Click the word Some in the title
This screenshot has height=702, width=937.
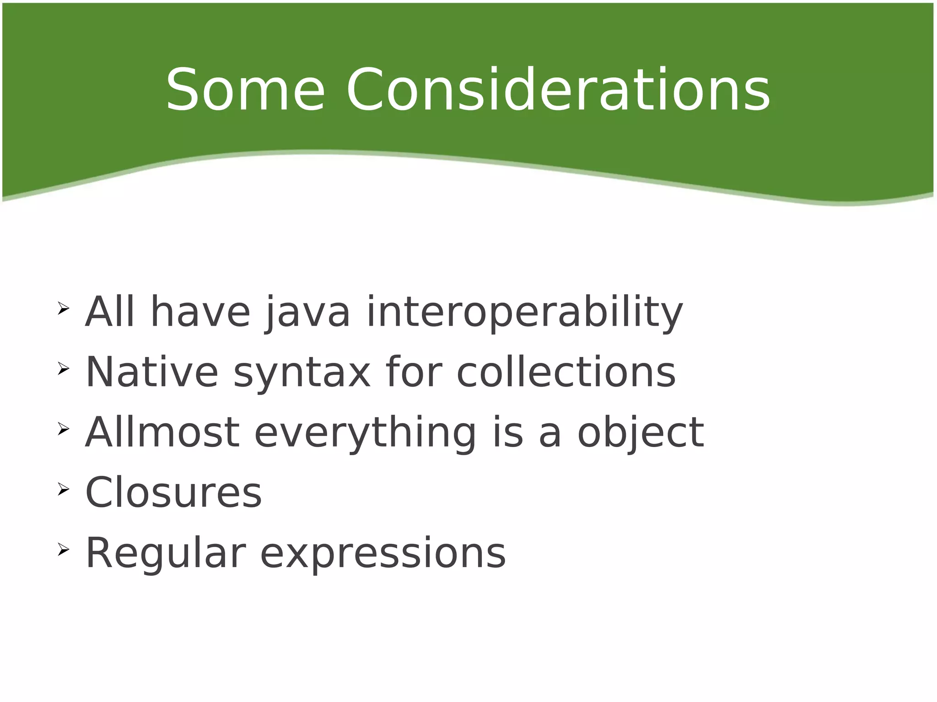click(245, 90)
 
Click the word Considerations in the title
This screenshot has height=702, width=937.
click(558, 90)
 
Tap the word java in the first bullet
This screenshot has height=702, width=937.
click(307, 313)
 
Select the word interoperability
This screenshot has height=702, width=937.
click(525, 313)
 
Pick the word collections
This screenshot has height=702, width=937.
click(566, 372)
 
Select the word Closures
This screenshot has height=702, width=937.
click(173, 493)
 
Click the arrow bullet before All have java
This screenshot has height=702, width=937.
click(63, 308)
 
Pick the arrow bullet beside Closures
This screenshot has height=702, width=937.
click(63, 489)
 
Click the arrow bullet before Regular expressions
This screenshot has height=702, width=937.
click(63, 549)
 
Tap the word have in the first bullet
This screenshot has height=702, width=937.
click(200, 313)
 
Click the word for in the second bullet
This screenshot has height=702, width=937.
click(414, 372)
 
